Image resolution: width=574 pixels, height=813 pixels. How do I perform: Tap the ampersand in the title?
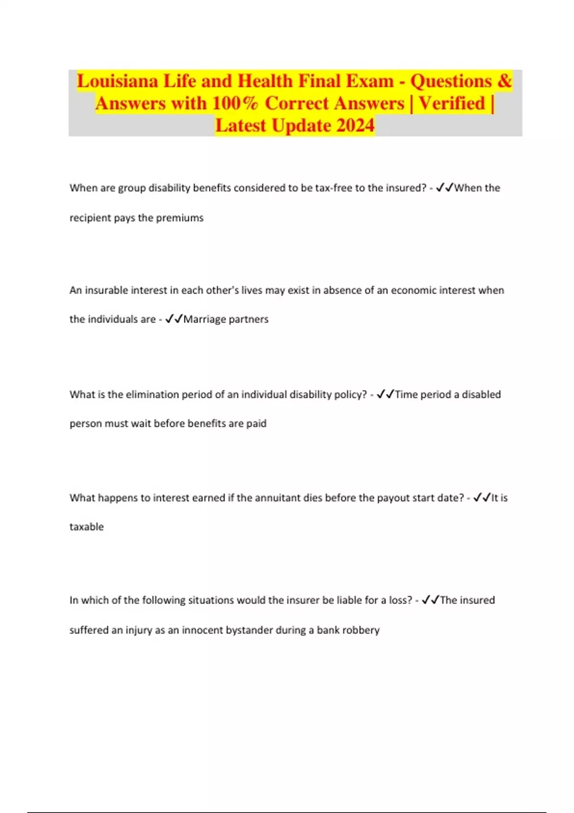click(x=504, y=81)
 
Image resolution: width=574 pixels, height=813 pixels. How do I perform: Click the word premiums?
click(x=180, y=218)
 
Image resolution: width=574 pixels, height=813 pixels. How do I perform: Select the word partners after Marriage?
click(x=248, y=319)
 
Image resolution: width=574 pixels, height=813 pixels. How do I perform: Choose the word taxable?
click(x=87, y=527)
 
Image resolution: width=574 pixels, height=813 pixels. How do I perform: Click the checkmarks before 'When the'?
click(x=444, y=188)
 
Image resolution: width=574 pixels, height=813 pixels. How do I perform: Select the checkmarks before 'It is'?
click(x=482, y=498)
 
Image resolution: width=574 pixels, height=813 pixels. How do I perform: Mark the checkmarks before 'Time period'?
click(x=386, y=395)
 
